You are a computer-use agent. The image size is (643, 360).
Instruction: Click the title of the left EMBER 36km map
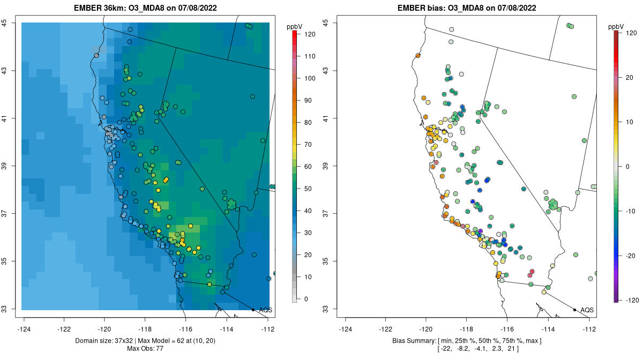pos(145,8)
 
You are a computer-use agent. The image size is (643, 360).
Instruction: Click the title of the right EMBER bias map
pos(467,8)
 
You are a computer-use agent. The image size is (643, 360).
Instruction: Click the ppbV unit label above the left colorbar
pos(295,26)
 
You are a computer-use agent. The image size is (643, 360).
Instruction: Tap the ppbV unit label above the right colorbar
pos(616,26)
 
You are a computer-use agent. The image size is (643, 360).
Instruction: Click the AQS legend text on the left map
pos(265,310)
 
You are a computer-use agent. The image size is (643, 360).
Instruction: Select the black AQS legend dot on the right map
pos(574,310)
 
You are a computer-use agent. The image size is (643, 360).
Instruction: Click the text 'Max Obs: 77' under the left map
pos(145,349)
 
